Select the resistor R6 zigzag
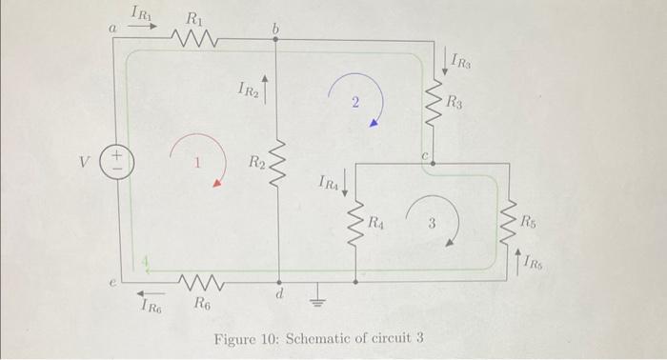(x=201, y=283)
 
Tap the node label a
(x=112, y=30)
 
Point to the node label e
(x=111, y=283)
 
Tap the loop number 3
(x=431, y=225)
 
